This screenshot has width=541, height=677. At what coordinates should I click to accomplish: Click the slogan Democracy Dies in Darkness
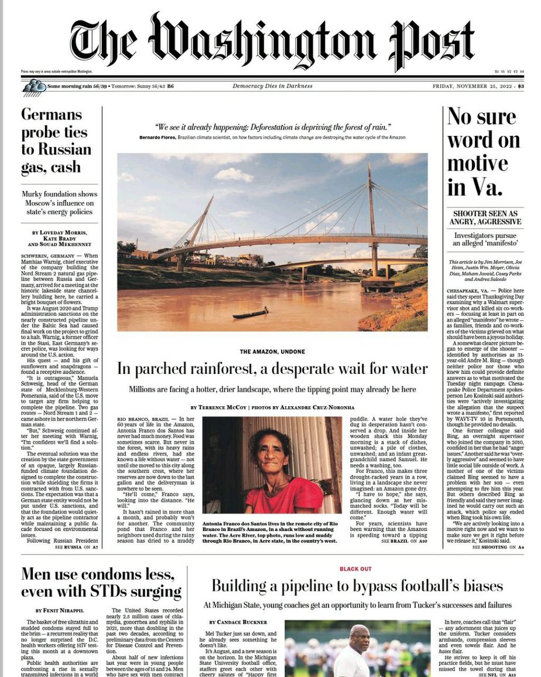click(272, 87)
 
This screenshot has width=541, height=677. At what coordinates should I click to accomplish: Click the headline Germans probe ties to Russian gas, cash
click(56, 141)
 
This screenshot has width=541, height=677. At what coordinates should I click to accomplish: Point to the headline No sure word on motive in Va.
click(484, 152)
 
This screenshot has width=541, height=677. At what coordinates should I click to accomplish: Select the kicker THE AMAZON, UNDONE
click(272, 352)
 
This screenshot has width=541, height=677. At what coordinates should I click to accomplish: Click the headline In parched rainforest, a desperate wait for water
click(272, 369)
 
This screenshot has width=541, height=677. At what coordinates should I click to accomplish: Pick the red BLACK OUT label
click(355, 569)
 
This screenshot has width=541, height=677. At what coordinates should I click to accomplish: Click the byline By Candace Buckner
click(238, 622)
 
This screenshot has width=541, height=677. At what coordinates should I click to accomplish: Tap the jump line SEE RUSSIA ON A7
click(77, 547)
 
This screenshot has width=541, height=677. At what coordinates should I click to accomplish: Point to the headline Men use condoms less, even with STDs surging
click(101, 583)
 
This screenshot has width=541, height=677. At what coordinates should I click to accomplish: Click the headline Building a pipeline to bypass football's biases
click(357, 586)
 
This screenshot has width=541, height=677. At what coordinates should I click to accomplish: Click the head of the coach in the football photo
click(359, 637)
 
